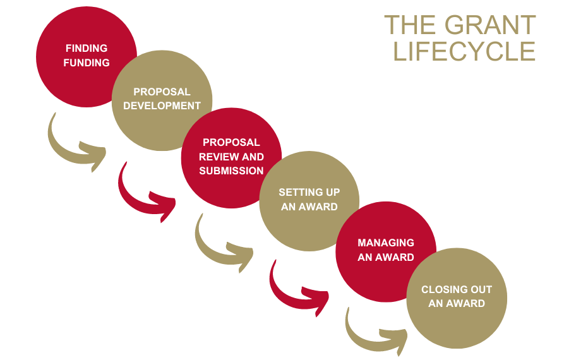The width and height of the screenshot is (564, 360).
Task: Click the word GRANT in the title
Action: click(490, 26)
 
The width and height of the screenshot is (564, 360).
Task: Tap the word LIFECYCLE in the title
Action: click(464, 51)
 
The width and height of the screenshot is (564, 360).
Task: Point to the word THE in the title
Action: click(411, 26)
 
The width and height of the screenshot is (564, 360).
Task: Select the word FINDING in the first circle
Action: click(87, 49)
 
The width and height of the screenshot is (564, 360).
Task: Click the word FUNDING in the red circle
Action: click(87, 63)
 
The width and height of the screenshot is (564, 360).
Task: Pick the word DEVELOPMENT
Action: click(162, 106)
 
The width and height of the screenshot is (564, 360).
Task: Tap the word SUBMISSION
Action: click(231, 171)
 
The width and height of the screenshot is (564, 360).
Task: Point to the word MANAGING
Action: click(386, 243)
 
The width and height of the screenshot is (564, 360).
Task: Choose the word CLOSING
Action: click(445, 290)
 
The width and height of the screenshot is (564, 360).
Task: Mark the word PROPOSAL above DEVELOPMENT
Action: click(162, 92)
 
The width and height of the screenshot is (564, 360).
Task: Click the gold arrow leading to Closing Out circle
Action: click(373, 332)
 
